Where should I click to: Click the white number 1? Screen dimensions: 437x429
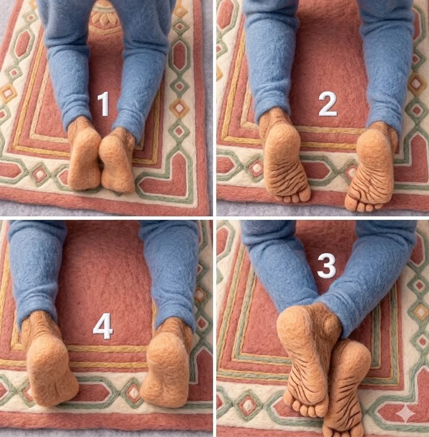[103, 104]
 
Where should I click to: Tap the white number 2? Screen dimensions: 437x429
[327, 104]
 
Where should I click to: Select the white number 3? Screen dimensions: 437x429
[326, 266]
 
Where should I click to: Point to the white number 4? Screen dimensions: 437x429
[103, 326]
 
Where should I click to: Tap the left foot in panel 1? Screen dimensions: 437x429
[84, 157]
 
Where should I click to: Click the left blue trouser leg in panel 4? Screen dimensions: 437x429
[36, 268]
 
